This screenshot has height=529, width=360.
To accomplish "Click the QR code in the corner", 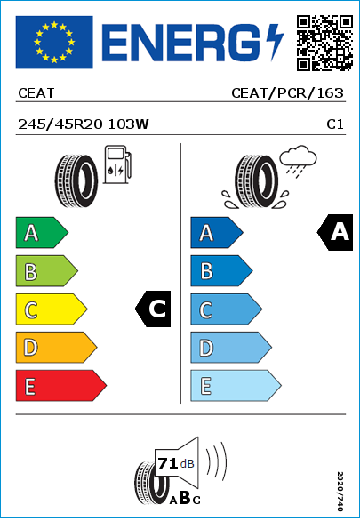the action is (x=324, y=43).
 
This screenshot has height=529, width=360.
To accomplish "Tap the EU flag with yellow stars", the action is (x=54, y=42).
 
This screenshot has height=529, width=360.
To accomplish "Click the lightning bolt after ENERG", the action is (x=275, y=42).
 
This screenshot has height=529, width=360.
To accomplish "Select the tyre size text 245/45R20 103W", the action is (x=84, y=124).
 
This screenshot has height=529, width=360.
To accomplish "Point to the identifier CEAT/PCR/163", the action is (x=287, y=93).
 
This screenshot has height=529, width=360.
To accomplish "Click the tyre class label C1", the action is (x=335, y=124).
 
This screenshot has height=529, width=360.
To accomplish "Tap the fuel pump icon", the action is (x=117, y=164).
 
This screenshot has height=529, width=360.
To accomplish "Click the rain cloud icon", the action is (x=299, y=160).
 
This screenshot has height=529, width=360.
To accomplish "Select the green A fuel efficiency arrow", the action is (x=42, y=232).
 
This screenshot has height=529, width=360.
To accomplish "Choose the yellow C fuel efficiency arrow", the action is (x=52, y=309).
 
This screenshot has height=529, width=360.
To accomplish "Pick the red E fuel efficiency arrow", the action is (x=60, y=386).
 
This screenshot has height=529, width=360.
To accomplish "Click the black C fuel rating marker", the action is (x=153, y=309).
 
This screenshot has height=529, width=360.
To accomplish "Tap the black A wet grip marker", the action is (x=335, y=232).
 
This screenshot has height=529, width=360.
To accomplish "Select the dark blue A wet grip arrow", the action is (x=217, y=232).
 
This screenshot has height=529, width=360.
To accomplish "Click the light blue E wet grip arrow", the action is (x=236, y=386).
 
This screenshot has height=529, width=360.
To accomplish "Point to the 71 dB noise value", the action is (x=176, y=463).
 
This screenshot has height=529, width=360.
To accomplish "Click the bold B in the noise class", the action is (x=185, y=497).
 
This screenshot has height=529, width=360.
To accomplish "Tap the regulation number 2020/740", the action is (x=340, y=491).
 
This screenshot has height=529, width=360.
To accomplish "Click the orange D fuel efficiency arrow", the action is (x=56, y=347).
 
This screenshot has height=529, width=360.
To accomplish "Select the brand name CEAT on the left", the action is (x=36, y=93).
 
